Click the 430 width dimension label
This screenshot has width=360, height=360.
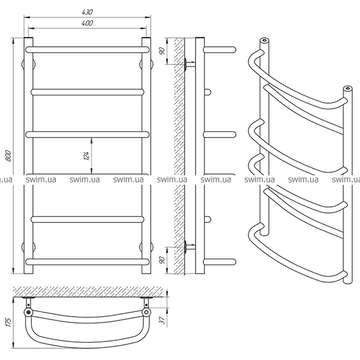(87, 12)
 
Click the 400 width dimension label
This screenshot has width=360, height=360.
(87, 23)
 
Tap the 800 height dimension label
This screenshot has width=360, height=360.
(8, 155)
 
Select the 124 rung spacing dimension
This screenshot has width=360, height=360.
(86, 155)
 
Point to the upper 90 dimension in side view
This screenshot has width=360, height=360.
(162, 51)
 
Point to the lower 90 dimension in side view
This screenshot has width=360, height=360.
(162, 260)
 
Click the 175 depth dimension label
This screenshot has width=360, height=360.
(8, 322)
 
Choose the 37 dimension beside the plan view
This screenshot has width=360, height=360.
(163, 320)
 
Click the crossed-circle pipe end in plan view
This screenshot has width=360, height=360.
(28, 312)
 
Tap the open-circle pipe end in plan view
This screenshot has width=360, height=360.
(146, 312)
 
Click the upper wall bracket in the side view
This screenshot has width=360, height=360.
(190, 64)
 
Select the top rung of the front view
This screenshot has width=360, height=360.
(87, 50)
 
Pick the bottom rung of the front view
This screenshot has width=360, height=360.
(87, 262)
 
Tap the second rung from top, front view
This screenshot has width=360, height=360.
(87, 92)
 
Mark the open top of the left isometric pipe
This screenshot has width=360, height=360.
(265, 41)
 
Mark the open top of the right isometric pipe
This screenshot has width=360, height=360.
(348, 88)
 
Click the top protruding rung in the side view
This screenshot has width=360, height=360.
(220, 50)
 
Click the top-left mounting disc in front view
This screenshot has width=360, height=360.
(28, 64)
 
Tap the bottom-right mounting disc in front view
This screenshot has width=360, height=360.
(146, 247)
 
